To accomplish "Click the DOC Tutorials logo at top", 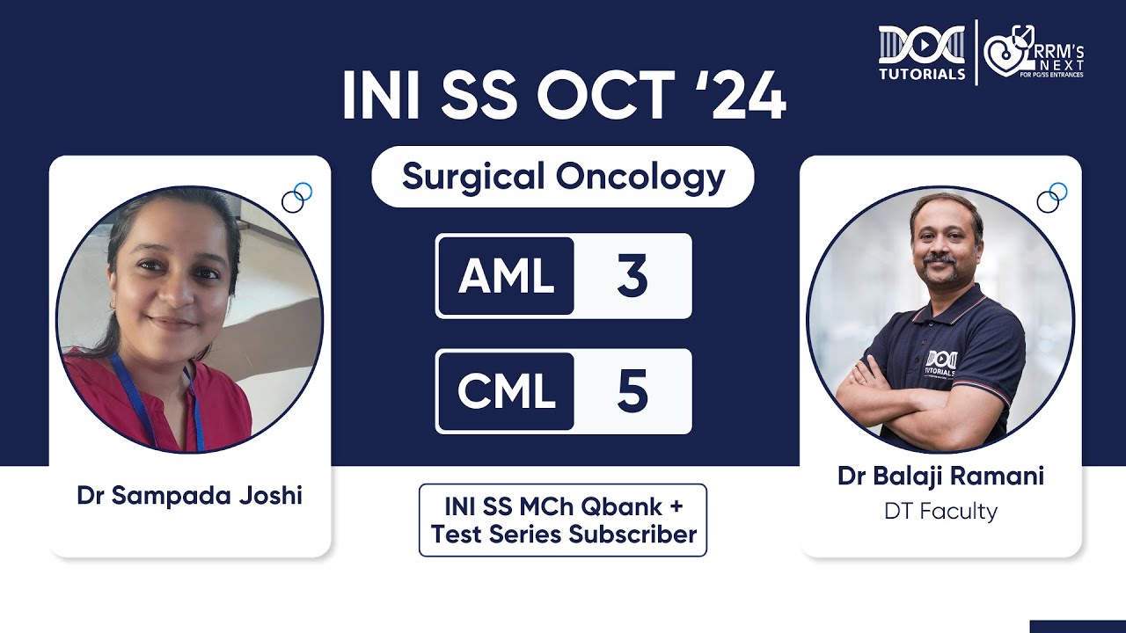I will point(921,53).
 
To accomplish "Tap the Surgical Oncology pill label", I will point(563,177).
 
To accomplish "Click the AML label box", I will point(506,276).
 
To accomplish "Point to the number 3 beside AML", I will point(632,276).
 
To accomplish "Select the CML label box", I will point(506,392).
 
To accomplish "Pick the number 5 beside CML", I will point(632,392).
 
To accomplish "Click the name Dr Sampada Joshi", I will point(189,495).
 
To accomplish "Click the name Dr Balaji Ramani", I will point(940,476).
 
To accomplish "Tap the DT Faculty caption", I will point(940,511).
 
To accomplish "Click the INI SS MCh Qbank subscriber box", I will point(563,520).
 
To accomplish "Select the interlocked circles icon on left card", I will point(296,198).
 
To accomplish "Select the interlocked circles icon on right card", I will point(1051,198).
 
